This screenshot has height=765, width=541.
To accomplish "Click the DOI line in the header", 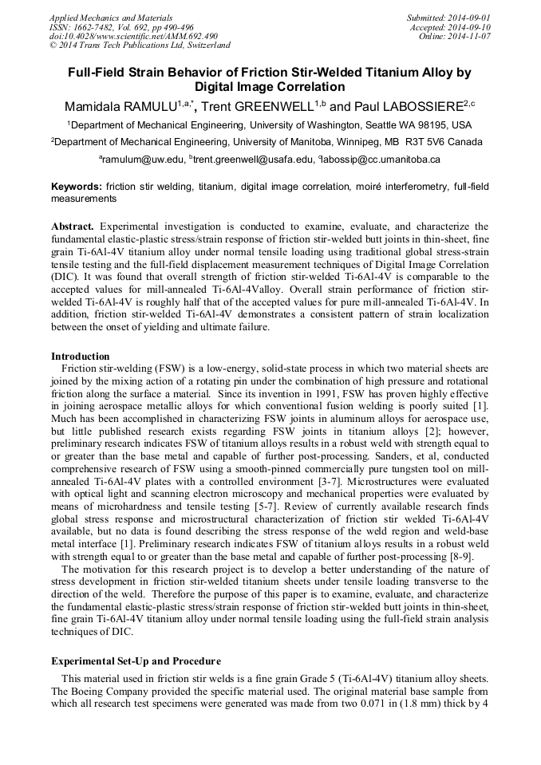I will click(133, 36).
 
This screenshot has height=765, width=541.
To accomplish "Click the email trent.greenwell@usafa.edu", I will click(253, 160).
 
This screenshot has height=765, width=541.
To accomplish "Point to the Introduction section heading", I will click(80, 356).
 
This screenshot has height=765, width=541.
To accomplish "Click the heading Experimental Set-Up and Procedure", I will click(136, 661).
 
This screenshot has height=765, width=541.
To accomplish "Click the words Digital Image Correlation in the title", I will click(270, 87).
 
